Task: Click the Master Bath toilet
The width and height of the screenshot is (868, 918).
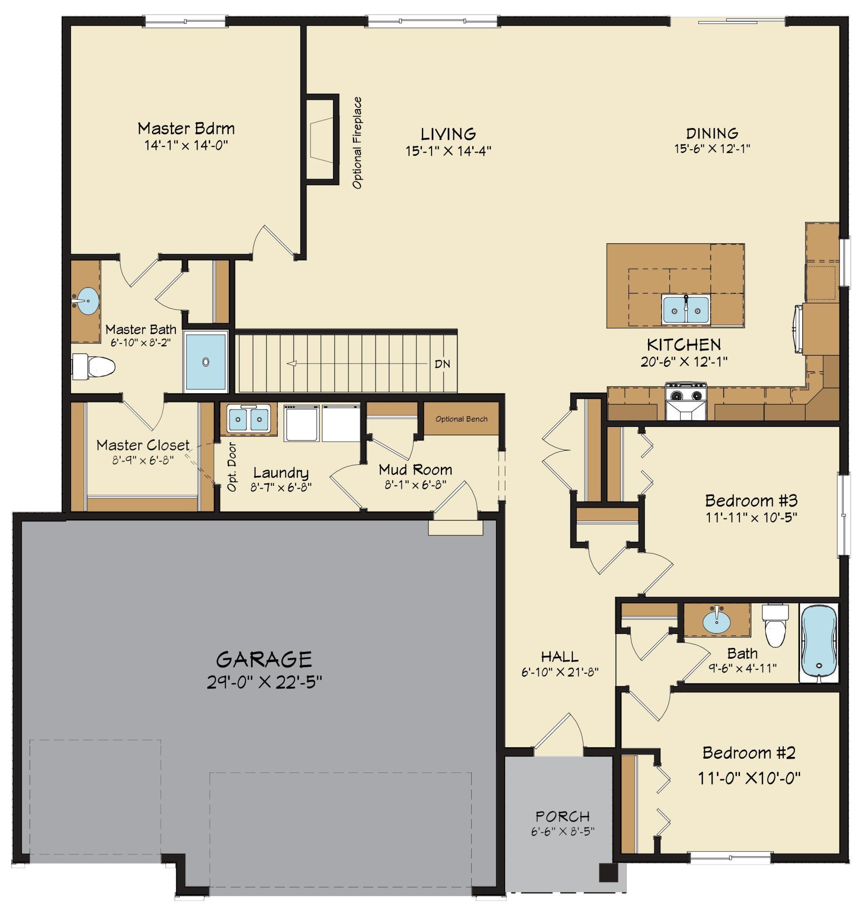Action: click(95, 367)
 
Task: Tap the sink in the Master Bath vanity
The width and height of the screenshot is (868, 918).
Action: click(86, 300)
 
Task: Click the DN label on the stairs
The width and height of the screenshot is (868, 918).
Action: click(442, 364)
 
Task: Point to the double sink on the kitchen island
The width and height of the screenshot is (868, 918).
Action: click(686, 310)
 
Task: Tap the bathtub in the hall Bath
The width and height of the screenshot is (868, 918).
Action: click(819, 643)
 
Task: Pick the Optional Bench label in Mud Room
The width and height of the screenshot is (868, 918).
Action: click(461, 419)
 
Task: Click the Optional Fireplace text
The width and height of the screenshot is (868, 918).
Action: click(357, 143)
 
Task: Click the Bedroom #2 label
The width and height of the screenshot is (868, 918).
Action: click(749, 753)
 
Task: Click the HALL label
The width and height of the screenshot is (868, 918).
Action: click(560, 656)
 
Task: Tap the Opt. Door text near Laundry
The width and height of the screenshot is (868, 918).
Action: click(232, 467)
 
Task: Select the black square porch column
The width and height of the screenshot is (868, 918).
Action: click(608, 873)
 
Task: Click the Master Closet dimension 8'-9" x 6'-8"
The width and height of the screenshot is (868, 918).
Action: click(143, 460)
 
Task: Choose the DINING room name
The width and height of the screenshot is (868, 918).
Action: click(712, 134)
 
